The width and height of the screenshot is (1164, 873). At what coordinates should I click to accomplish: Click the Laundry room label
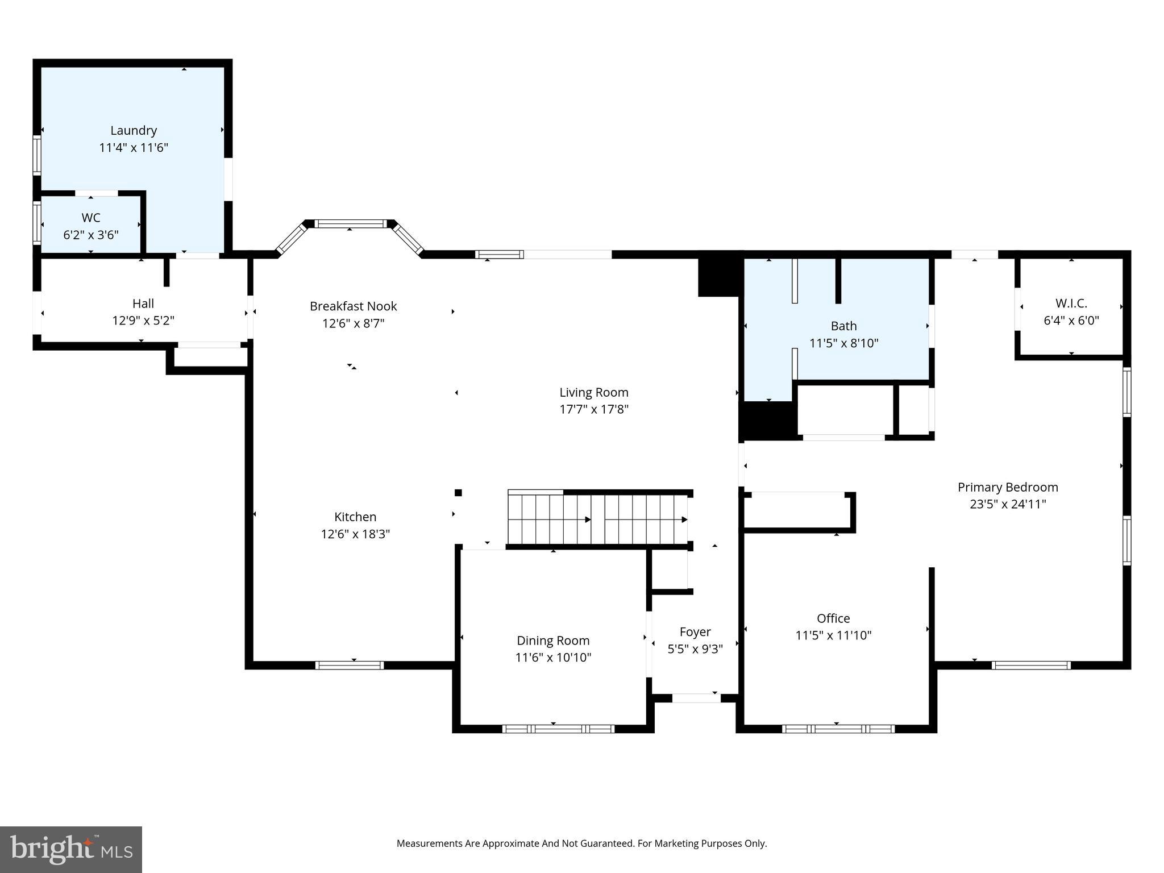click(x=134, y=131)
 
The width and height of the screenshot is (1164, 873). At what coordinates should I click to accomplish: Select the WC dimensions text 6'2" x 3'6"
click(x=91, y=235)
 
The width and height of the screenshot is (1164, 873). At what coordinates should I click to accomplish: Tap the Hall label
click(x=143, y=304)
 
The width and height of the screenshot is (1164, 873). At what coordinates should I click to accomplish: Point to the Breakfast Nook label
click(x=353, y=306)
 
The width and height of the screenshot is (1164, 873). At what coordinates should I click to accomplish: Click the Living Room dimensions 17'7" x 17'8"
click(x=593, y=409)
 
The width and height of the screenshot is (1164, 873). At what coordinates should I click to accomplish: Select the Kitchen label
click(x=355, y=517)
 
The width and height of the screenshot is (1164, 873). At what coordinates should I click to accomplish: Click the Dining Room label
click(x=553, y=641)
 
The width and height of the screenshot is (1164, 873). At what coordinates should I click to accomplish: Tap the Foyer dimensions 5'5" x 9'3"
click(x=695, y=649)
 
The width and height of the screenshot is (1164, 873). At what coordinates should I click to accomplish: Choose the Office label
click(x=833, y=618)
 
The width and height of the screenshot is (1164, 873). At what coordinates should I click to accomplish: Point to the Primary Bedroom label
click(x=1008, y=487)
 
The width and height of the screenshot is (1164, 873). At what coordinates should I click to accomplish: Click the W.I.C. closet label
click(x=1071, y=304)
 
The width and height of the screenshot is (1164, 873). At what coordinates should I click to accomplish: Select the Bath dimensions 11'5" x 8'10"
click(x=843, y=343)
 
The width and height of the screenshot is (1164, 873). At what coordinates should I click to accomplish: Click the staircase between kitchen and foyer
click(x=597, y=519)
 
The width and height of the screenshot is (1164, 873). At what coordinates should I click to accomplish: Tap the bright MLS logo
click(x=71, y=849)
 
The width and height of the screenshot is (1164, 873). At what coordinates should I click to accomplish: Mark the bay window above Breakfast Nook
click(x=350, y=224)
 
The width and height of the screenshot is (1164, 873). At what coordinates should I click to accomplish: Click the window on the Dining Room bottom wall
click(x=558, y=729)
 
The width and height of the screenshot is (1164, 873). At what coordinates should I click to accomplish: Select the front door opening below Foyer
click(x=696, y=698)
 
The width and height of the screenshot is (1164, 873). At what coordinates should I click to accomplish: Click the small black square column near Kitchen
click(x=458, y=493)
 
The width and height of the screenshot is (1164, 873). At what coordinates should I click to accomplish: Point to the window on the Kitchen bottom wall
click(x=350, y=665)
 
